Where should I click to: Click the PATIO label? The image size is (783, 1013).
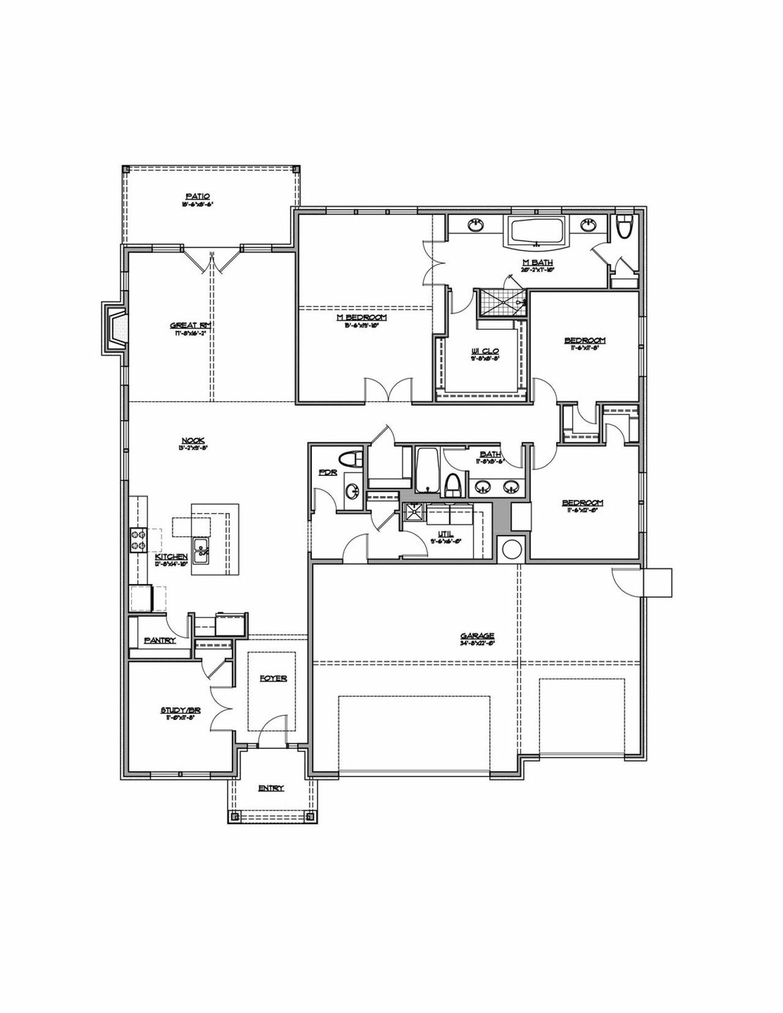pos(198,196)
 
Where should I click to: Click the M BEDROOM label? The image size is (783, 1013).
pos(362,317)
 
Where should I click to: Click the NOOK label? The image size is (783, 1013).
pos(193,440)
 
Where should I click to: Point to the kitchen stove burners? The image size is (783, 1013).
pos(137,540)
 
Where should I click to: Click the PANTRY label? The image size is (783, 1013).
pos(160,640)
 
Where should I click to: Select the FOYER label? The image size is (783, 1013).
pos(273,678)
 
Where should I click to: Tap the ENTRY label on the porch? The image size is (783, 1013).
pos(270,788)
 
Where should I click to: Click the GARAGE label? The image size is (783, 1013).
pos(477,636)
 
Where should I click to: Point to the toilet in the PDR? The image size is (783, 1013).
pos(352,459)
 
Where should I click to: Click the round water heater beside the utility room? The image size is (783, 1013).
pos(509,549)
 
